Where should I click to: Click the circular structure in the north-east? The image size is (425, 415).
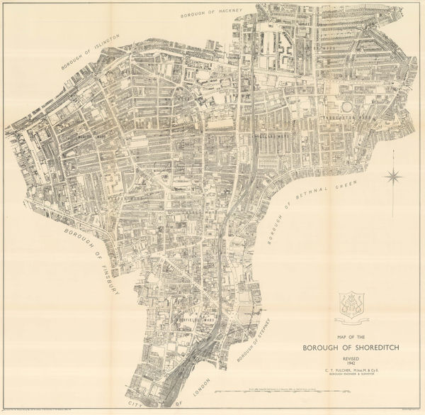click(347, 106)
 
